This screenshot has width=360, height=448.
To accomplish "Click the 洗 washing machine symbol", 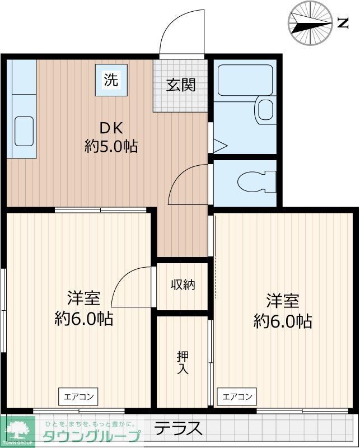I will (111, 80).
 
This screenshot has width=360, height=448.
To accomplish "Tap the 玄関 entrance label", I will (180, 85).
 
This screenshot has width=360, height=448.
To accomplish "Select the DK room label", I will (111, 127).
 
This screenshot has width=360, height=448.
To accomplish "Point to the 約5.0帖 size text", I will (111, 146).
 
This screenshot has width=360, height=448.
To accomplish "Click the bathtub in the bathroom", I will (245, 80).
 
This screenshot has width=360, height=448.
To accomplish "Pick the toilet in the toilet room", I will (256, 182).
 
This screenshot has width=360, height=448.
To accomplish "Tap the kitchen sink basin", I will (23, 131).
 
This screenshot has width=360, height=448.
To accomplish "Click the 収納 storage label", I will (183, 284).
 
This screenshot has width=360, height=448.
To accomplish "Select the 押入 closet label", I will (183, 362).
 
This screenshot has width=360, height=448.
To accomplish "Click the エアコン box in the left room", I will (78, 397).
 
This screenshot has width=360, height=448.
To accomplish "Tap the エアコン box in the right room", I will (237, 397).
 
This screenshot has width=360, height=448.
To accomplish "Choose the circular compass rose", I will (310, 23).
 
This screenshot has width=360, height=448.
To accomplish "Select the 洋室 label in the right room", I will (282, 301).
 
